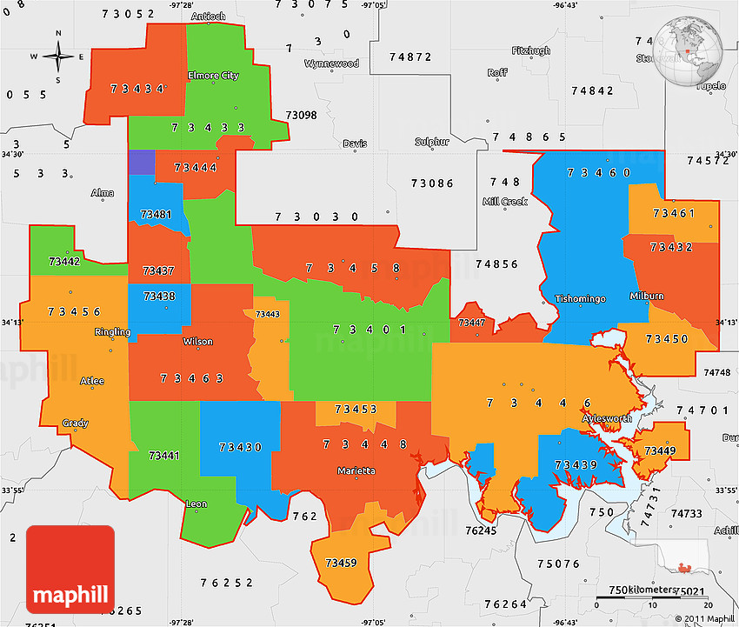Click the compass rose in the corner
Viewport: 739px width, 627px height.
[x=58, y=57]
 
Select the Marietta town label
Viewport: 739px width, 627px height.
[x=356, y=470]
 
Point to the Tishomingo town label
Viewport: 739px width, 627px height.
[x=580, y=299]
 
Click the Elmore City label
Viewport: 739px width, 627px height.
[x=213, y=76]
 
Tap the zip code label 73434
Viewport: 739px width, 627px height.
[x=138, y=89]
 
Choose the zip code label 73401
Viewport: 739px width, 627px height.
[x=369, y=330]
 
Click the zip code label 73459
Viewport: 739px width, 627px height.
[x=341, y=563]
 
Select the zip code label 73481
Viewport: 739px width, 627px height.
[x=156, y=214]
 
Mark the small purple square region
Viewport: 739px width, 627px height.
[x=142, y=163]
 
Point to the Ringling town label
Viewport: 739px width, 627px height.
[x=112, y=332]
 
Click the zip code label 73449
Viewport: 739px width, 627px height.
[x=660, y=450]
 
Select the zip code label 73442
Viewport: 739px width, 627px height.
[x=65, y=261]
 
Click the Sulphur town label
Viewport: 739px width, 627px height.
[x=431, y=142]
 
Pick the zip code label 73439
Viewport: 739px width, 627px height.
[x=576, y=464]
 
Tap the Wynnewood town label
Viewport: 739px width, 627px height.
[x=331, y=63]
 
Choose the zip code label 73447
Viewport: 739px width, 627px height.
[x=471, y=323]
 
